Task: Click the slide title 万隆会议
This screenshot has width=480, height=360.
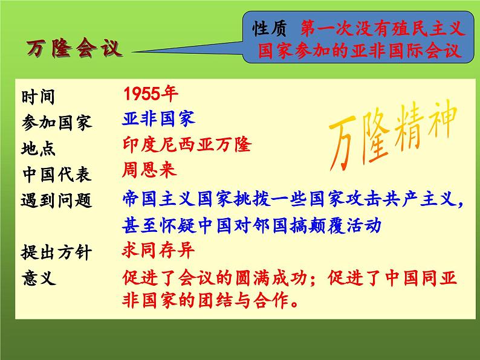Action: [74, 48]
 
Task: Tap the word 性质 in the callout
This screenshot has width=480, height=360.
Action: [269, 28]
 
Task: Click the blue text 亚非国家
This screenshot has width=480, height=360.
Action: [158, 118]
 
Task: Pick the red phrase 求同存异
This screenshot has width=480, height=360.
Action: [158, 249]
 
